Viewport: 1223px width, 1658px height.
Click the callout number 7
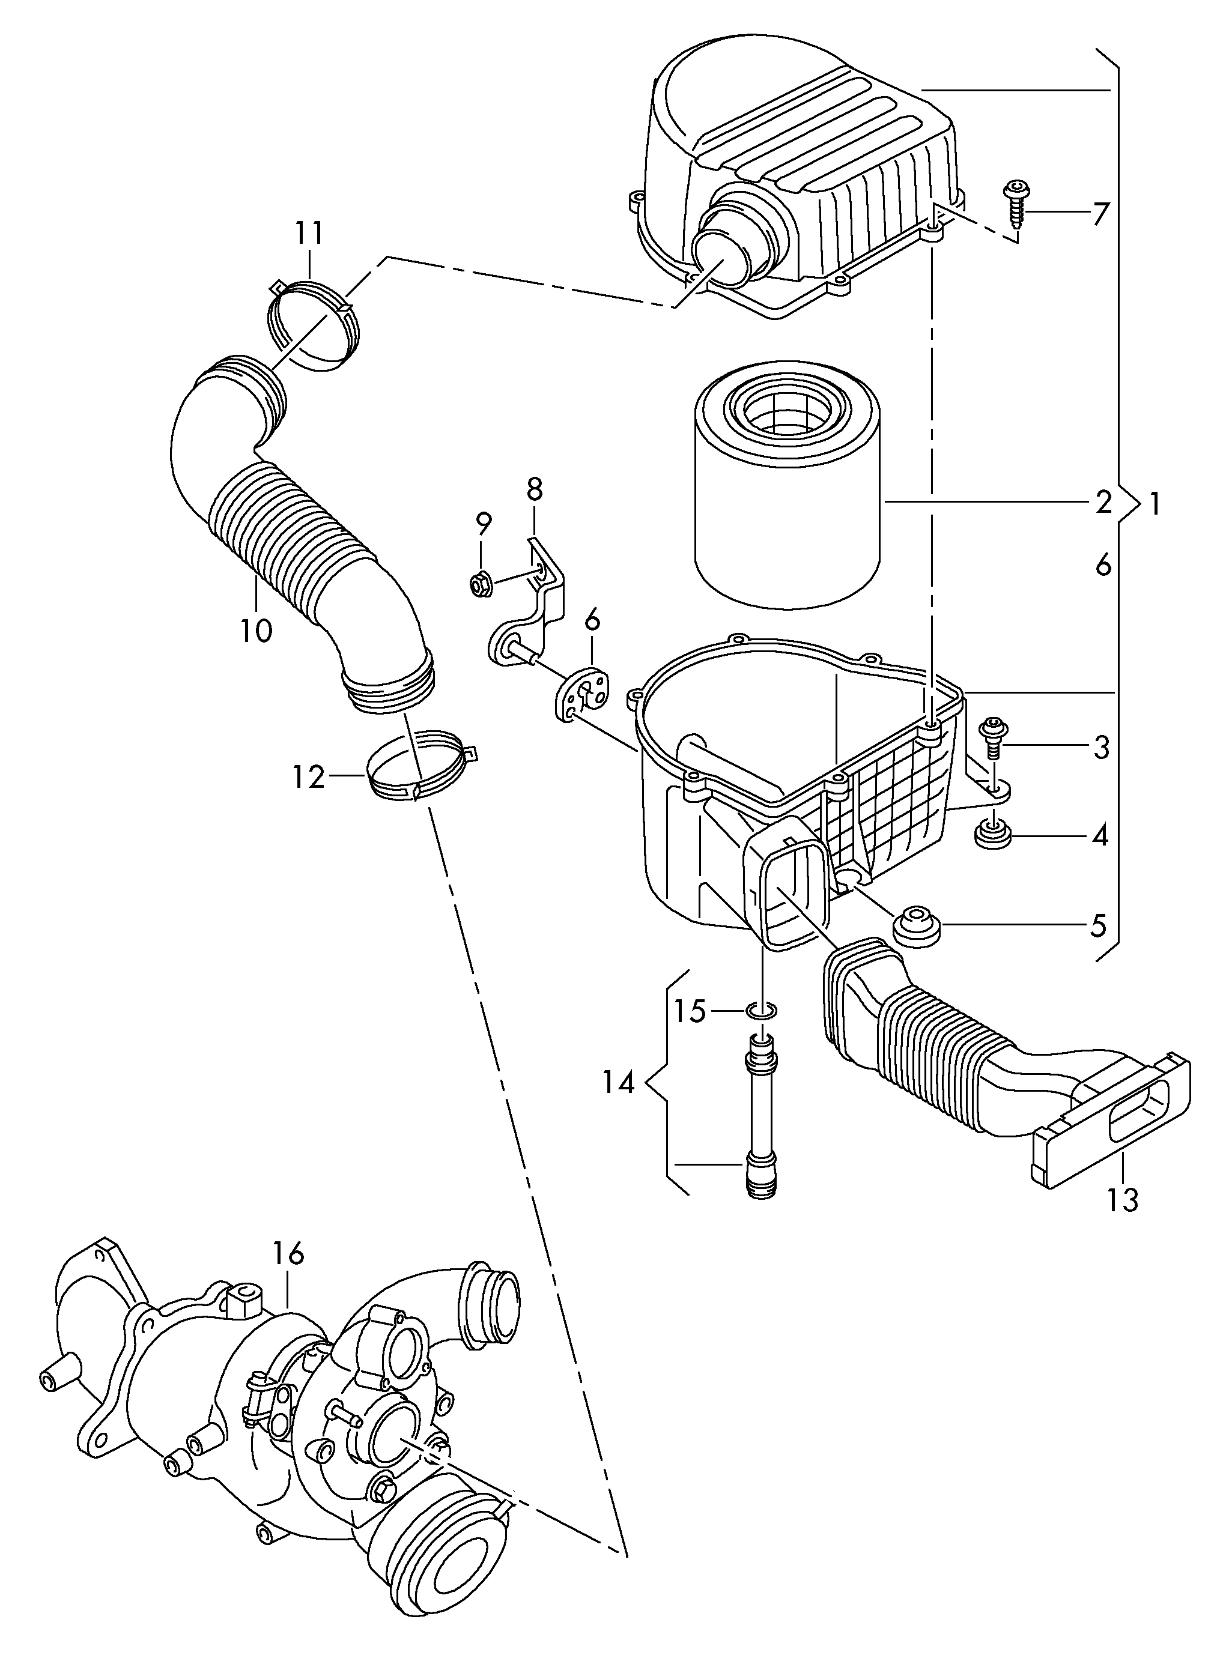point(1101,214)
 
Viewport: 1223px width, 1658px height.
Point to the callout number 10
point(256,631)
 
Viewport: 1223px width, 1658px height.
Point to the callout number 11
point(309,234)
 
